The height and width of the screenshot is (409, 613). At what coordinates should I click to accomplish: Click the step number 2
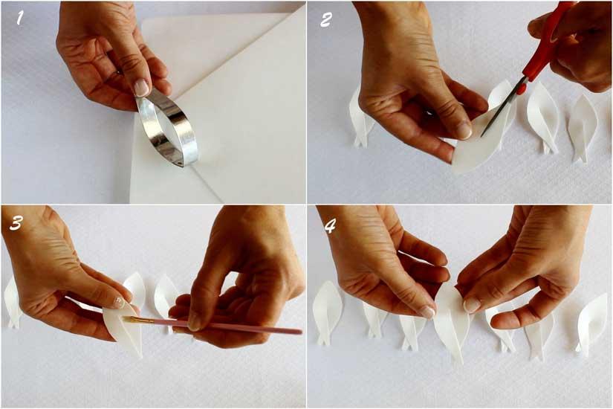coord(325,19)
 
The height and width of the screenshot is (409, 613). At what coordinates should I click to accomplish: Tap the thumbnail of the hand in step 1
coord(141,87)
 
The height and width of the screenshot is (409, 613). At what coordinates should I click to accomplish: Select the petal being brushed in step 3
coord(123,331)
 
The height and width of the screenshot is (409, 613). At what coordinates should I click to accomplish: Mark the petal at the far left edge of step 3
coord(11,301)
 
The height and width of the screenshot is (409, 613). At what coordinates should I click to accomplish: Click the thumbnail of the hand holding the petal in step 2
coord(464,129)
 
